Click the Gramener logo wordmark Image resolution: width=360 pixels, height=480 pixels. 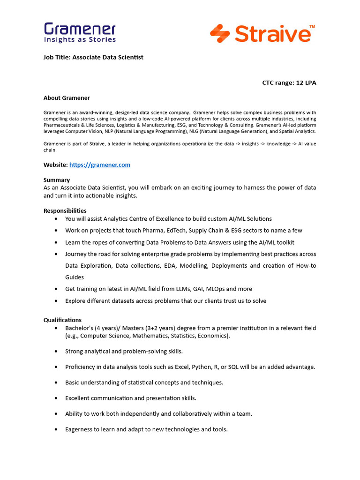pyautogui.click(x=80, y=29)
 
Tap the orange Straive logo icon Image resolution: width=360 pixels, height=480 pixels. pyautogui.click(x=220, y=34)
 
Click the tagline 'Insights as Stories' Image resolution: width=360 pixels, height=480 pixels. pyautogui.click(x=80, y=40)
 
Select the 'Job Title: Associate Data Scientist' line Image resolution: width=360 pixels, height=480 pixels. pyautogui.click(x=93, y=57)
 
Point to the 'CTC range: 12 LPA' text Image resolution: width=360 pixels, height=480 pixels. pyautogui.click(x=289, y=82)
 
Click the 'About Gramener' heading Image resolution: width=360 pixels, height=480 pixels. pyautogui.click(x=67, y=98)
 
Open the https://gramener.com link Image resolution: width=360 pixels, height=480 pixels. pyautogui.click(x=100, y=165)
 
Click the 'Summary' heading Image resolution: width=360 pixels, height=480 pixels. pyautogui.click(x=57, y=180)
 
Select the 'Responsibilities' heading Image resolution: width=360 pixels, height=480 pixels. pyautogui.click(x=65, y=211)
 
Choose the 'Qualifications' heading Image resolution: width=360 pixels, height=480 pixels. pyautogui.click(x=62, y=320)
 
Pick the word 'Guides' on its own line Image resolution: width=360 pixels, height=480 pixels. pyautogui.click(x=75, y=277)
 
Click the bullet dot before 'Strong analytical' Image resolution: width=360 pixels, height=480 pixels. pyautogui.click(x=56, y=352)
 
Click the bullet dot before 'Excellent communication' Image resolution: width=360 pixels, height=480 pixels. pyautogui.click(x=56, y=398)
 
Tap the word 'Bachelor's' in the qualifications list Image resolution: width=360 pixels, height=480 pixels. pyautogui.click(x=79, y=328)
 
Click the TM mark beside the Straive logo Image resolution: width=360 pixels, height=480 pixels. pyautogui.click(x=312, y=27)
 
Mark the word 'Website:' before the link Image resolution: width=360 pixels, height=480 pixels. pyautogui.click(x=56, y=165)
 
